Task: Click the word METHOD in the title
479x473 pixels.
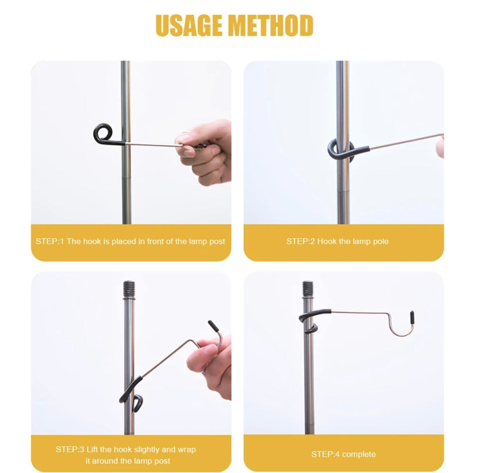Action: pos(271,25)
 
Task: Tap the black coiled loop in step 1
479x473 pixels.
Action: pos(103,134)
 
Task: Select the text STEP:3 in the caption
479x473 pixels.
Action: pos(70,449)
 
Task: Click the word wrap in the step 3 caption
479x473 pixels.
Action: pos(187,449)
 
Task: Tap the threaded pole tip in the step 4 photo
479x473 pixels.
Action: pos(308,288)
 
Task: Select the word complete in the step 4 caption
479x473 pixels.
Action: pos(359,454)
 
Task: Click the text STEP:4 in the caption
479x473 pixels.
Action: pos(325,454)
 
